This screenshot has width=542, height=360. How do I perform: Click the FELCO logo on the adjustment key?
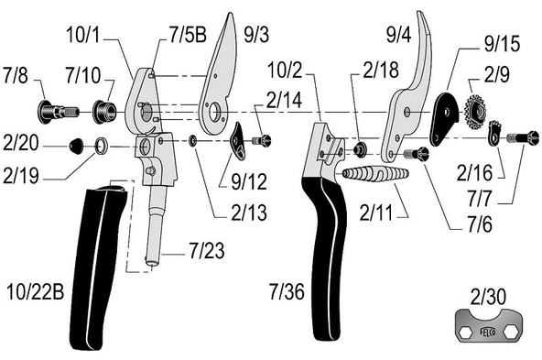click(x=488, y=332)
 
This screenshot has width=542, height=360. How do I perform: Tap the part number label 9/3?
click(x=256, y=35)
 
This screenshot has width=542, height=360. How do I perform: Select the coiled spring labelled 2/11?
click(x=375, y=174)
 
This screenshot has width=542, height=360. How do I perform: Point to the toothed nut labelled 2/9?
click(x=475, y=112)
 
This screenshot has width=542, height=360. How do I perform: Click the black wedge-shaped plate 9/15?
click(x=443, y=118)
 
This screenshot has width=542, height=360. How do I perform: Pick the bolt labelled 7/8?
click(x=58, y=112)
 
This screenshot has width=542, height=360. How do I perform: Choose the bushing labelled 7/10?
click(x=103, y=112)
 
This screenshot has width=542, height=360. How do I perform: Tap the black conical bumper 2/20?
click(x=76, y=146)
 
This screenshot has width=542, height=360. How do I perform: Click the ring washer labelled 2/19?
click(x=101, y=146)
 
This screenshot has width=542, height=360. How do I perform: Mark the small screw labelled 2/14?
click(x=261, y=140)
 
